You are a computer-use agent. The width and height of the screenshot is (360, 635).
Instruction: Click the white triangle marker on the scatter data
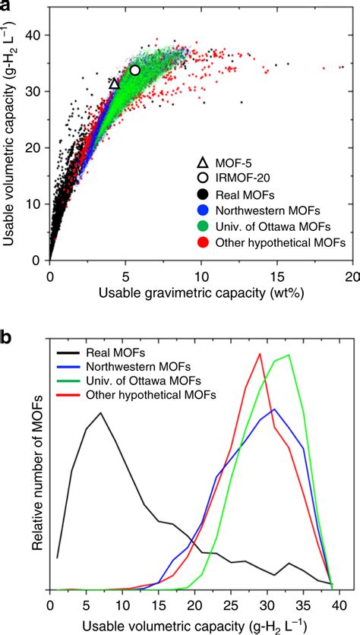click(115, 84)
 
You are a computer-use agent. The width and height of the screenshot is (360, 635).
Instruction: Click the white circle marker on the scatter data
click(135, 70)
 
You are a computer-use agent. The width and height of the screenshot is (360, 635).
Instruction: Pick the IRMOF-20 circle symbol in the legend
click(202, 178)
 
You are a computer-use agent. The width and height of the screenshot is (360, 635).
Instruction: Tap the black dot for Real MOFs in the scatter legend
click(202, 194)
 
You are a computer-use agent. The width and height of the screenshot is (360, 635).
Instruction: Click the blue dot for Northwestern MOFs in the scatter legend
click(202, 210)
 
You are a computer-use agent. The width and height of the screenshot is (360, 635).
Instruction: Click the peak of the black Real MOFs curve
click(101, 412)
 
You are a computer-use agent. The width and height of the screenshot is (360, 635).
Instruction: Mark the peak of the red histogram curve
click(261, 353)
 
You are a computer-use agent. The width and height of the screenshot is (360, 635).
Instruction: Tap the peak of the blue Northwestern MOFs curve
click(275, 409)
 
